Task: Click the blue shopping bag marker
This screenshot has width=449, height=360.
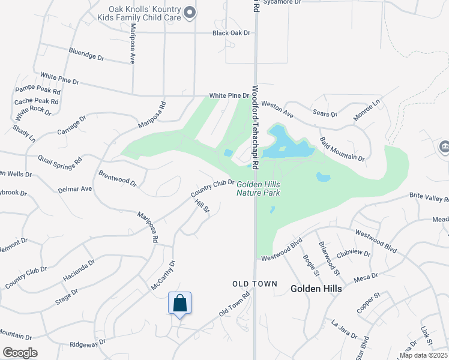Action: point(179,304)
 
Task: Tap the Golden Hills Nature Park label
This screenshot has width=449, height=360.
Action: point(258,188)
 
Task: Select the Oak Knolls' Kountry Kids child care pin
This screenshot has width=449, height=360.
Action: point(190,12)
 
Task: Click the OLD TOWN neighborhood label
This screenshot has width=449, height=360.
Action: point(255,283)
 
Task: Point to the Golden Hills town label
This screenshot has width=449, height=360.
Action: point(316,289)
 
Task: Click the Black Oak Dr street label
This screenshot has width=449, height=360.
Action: point(231,33)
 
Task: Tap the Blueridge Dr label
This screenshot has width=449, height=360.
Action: point(86,55)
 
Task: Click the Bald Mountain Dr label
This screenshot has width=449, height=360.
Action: point(342,149)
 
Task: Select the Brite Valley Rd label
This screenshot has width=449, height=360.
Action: point(429,197)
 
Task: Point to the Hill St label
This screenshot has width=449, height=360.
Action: point(202,206)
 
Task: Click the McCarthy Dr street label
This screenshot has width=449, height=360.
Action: point(163,275)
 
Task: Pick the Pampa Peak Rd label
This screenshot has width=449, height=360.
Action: point(38,91)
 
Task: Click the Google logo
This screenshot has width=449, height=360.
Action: point(20,353)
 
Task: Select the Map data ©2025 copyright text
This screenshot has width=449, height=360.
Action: point(423,355)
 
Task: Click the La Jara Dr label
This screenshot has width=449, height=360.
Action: point(344,329)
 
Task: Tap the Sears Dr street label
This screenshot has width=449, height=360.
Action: point(326,113)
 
